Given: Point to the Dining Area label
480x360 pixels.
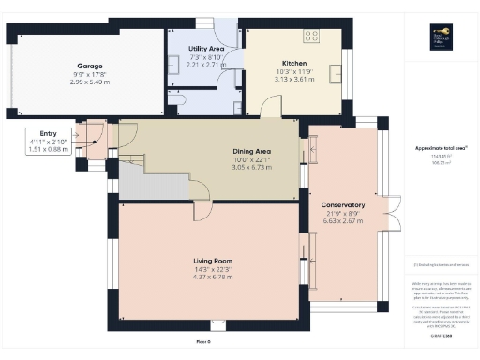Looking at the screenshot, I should tap(251, 151).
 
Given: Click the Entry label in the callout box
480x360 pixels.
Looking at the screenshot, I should tap(36, 134).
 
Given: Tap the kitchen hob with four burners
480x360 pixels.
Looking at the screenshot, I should tap(310, 37).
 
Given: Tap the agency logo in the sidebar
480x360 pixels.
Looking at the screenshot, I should tap(435, 37).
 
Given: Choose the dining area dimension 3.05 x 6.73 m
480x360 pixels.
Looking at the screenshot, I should tap(251, 166).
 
